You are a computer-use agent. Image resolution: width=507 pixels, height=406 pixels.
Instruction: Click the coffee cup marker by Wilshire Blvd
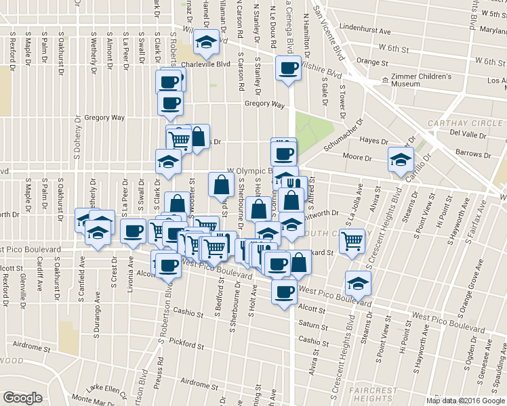[288, 68]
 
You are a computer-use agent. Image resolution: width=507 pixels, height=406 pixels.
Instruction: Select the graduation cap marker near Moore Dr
[400, 160]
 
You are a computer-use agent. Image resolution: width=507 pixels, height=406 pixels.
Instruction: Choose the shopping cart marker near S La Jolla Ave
[352, 241]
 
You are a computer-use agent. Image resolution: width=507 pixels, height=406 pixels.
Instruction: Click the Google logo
[22, 397]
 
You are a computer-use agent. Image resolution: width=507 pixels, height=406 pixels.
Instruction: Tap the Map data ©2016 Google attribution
[465, 401]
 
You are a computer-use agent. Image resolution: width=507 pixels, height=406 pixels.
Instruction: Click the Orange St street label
[371, 62]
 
